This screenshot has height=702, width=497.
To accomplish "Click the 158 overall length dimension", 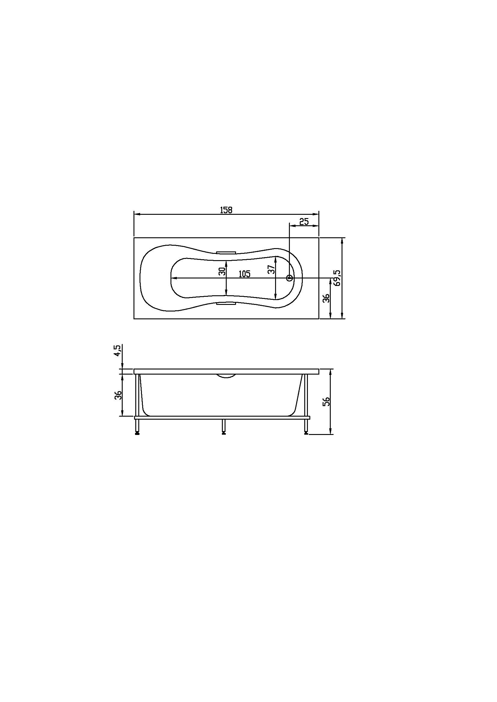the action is pyautogui.click(x=226, y=210).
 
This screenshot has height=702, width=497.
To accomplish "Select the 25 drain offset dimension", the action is pyautogui.click(x=304, y=222).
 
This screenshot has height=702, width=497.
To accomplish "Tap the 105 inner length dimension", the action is pyautogui.click(x=244, y=274).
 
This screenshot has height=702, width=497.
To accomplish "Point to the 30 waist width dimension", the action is pyautogui.click(x=222, y=271).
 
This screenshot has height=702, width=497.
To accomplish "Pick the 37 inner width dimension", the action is pyautogui.click(x=271, y=269).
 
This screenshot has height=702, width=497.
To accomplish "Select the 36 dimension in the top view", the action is pyautogui.click(x=326, y=298).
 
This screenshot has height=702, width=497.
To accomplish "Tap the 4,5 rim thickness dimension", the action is pyautogui.click(x=118, y=350).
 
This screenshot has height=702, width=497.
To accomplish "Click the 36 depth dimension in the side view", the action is pyautogui.click(x=118, y=395).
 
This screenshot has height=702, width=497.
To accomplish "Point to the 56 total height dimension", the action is pyautogui.click(x=327, y=401).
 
